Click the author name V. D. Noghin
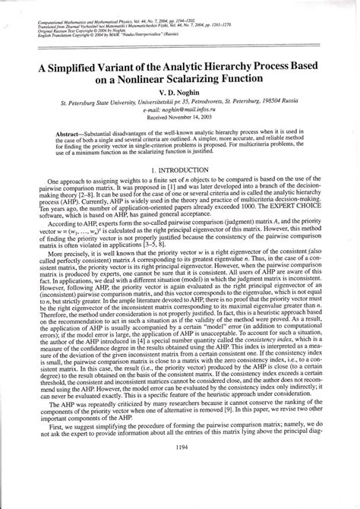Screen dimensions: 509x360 181,96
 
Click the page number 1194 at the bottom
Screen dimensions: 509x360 180,488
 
